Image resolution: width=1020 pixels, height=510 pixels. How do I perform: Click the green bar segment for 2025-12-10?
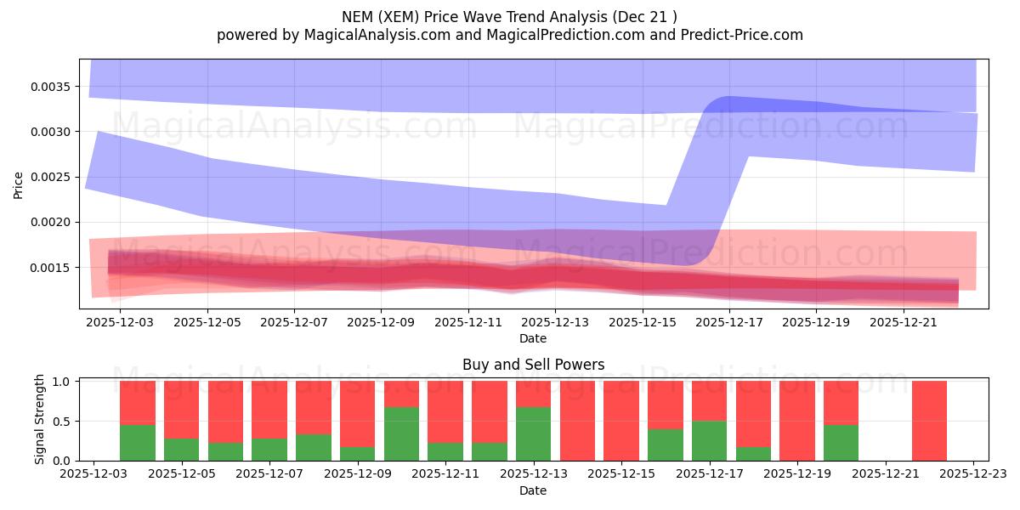(x=401, y=433)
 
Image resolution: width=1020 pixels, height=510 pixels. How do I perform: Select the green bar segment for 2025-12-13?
(x=534, y=433)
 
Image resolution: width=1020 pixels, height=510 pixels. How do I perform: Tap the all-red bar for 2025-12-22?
(x=929, y=421)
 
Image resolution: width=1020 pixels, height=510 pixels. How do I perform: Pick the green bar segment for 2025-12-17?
(x=709, y=440)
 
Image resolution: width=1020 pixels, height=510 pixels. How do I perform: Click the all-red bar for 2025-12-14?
(x=577, y=421)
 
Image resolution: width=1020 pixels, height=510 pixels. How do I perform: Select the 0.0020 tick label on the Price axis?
(x=54, y=223)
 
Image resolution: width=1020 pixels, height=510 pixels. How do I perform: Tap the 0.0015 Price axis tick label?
(x=54, y=268)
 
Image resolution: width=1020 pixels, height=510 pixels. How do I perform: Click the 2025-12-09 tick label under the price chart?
(x=381, y=323)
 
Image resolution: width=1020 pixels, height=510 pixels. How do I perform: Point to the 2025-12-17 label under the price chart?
(x=729, y=323)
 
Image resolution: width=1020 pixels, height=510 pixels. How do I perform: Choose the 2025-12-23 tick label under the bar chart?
(x=973, y=475)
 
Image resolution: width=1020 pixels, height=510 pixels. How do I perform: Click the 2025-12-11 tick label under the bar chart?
(x=446, y=475)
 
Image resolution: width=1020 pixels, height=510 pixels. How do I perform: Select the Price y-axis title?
(x=19, y=184)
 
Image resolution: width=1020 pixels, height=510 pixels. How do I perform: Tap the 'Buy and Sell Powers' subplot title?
(x=533, y=365)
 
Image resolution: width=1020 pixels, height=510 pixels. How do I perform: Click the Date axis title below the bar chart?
(x=533, y=490)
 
